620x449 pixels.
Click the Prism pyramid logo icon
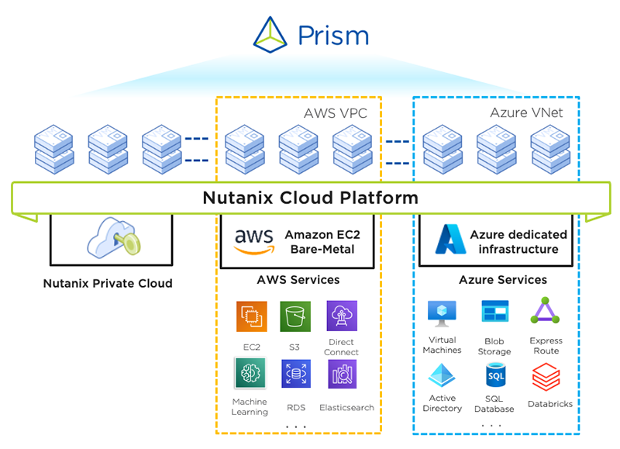coord(272,35)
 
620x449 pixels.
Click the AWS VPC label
coord(335,114)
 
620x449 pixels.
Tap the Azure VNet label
coord(526,113)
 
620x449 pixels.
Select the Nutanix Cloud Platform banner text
coord(310,198)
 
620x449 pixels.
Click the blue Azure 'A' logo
coord(449,240)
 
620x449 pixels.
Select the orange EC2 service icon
coord(251,316)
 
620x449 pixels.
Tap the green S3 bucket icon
coord(295,316)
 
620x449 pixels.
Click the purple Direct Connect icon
coord(342,316)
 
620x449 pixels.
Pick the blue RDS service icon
coord(295,374)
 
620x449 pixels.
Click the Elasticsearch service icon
coord(342,374)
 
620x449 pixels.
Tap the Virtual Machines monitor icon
coord(442,312)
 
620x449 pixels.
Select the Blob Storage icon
coord(494,312)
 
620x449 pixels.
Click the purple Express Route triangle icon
coord(545,312)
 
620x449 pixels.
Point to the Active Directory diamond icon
coord(442,378)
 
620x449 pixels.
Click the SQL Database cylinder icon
coord(494,377)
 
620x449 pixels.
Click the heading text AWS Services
coord(298,279)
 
